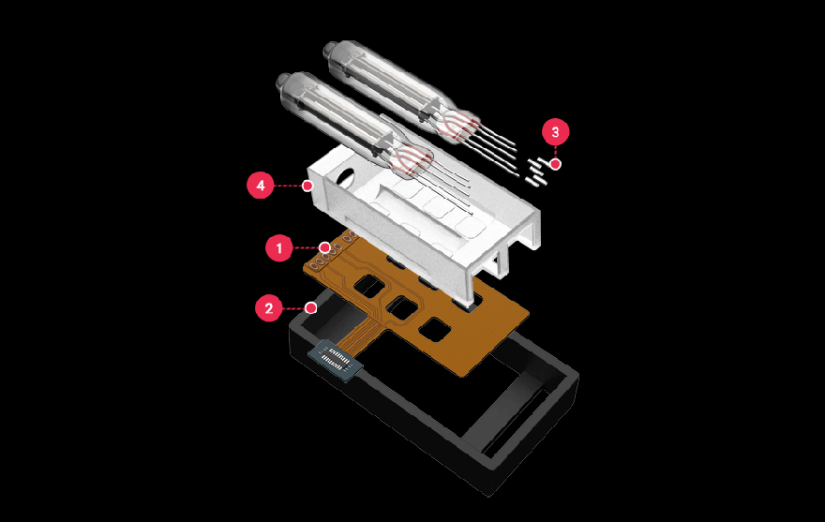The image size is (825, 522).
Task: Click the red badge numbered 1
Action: (278, 247)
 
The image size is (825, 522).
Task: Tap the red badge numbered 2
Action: (269, 307)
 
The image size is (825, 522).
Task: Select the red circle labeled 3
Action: (556, 131)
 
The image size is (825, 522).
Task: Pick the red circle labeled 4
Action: (261, 186)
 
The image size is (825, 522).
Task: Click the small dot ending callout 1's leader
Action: (325, 247)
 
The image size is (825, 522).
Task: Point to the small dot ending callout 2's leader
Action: (311, 307)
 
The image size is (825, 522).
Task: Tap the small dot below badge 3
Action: (556, 164)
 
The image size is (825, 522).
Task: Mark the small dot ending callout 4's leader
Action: (307, 186)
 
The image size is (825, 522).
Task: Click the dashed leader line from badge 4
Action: (289, 186)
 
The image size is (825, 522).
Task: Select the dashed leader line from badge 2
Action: (294, 307)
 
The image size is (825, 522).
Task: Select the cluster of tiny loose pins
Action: (536, 172)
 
